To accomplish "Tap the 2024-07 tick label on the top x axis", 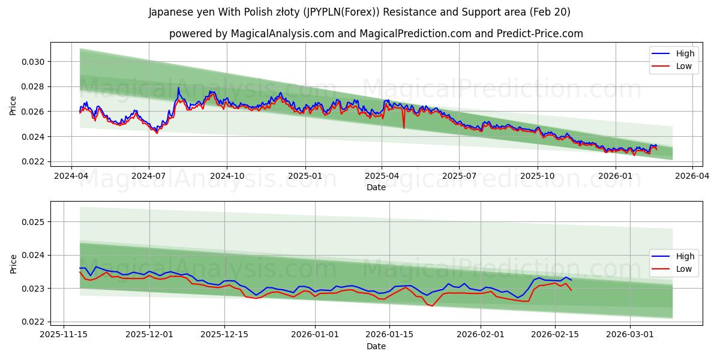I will point(148,176).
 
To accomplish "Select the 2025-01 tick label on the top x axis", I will point(305,176).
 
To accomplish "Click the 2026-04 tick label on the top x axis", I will point(692,176).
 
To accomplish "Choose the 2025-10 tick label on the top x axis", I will point(537,176).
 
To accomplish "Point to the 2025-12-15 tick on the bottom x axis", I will point(224,335).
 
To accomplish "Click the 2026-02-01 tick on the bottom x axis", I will point(481,335).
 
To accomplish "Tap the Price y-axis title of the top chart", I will point(13,105).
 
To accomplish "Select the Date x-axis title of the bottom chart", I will point(376,346).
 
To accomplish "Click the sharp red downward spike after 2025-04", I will point(404,127).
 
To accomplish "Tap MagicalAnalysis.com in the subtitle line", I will point(283,34).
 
